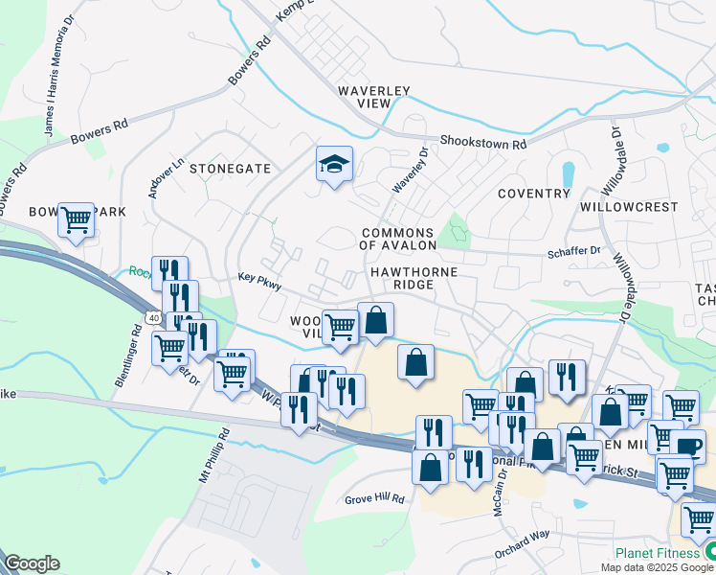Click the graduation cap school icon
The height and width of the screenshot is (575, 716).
coord(335,165)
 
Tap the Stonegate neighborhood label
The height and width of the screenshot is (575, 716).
coord(230,169)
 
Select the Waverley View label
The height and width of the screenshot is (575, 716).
coord(374,97)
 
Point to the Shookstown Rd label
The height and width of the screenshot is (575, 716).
coord(483,142)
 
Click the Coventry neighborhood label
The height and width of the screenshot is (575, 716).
coord(534,194)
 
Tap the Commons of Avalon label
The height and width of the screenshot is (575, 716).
coord(398,239)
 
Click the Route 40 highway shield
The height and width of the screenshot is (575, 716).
coord(153,316)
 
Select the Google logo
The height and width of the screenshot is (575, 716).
coord(32,563)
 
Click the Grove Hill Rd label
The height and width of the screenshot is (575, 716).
coord(375,499)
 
